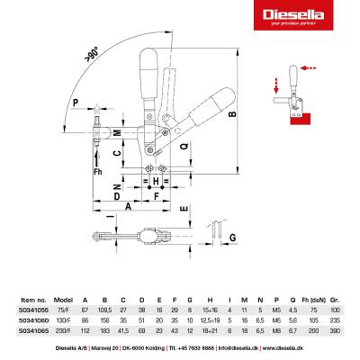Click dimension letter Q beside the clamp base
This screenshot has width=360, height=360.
pyautogui.click(x=183, y=145)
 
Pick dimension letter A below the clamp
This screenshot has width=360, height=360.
pyautogui.click(x=129, y=206)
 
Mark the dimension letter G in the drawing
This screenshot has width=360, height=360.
pyautogui.click(x=231, y=238)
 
